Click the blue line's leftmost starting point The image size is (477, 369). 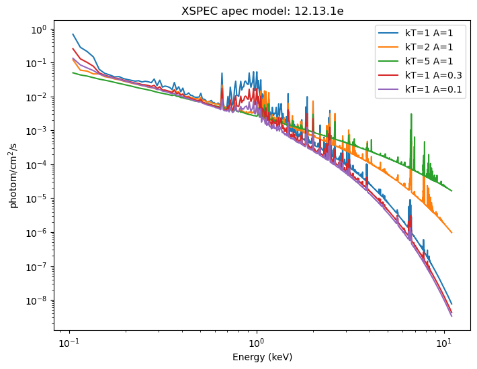point(73,34)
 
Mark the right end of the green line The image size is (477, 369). point(451,191)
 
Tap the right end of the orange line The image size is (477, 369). point(451,233)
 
